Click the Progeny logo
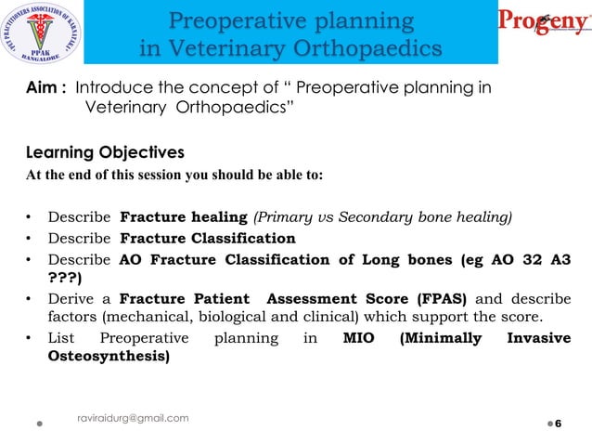coord(544,23)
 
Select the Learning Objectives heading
coord(105,152)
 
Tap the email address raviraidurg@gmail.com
coord(133,418)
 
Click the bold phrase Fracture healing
coord(184,218)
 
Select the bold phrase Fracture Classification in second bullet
coord(208,239)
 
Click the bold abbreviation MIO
coord(358,338)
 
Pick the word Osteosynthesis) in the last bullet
coord(109,357)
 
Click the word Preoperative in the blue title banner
coord(240,20)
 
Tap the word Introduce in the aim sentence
coord(112,88)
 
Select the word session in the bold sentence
coord(180,175)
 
